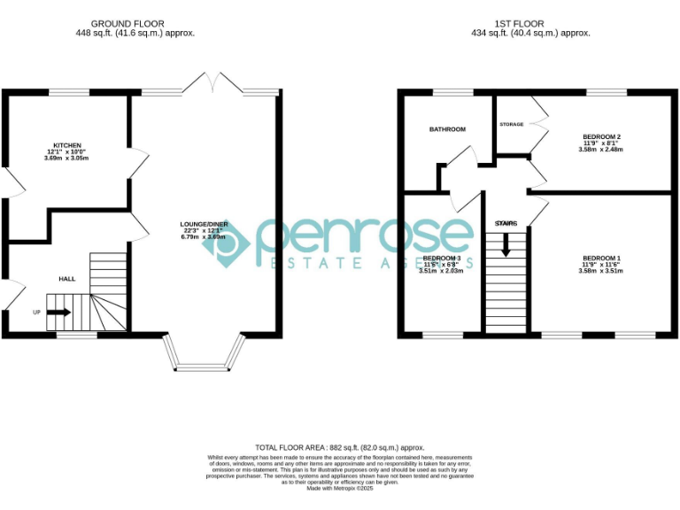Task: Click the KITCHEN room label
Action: pos(68,145)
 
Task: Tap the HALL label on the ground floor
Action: pos(67,279)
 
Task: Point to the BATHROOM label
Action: pos(447,129)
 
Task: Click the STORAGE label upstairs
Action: pos(512,125)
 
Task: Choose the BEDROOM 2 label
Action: pos(602,136)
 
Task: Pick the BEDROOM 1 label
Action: pos(602,258)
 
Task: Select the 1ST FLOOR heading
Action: pos(520,24)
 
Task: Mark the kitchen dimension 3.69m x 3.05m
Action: pos(68,158)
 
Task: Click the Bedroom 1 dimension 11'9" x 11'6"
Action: pos(602,265)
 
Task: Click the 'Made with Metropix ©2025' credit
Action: pos(340,488)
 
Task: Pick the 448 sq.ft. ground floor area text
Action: pos(135,33)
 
